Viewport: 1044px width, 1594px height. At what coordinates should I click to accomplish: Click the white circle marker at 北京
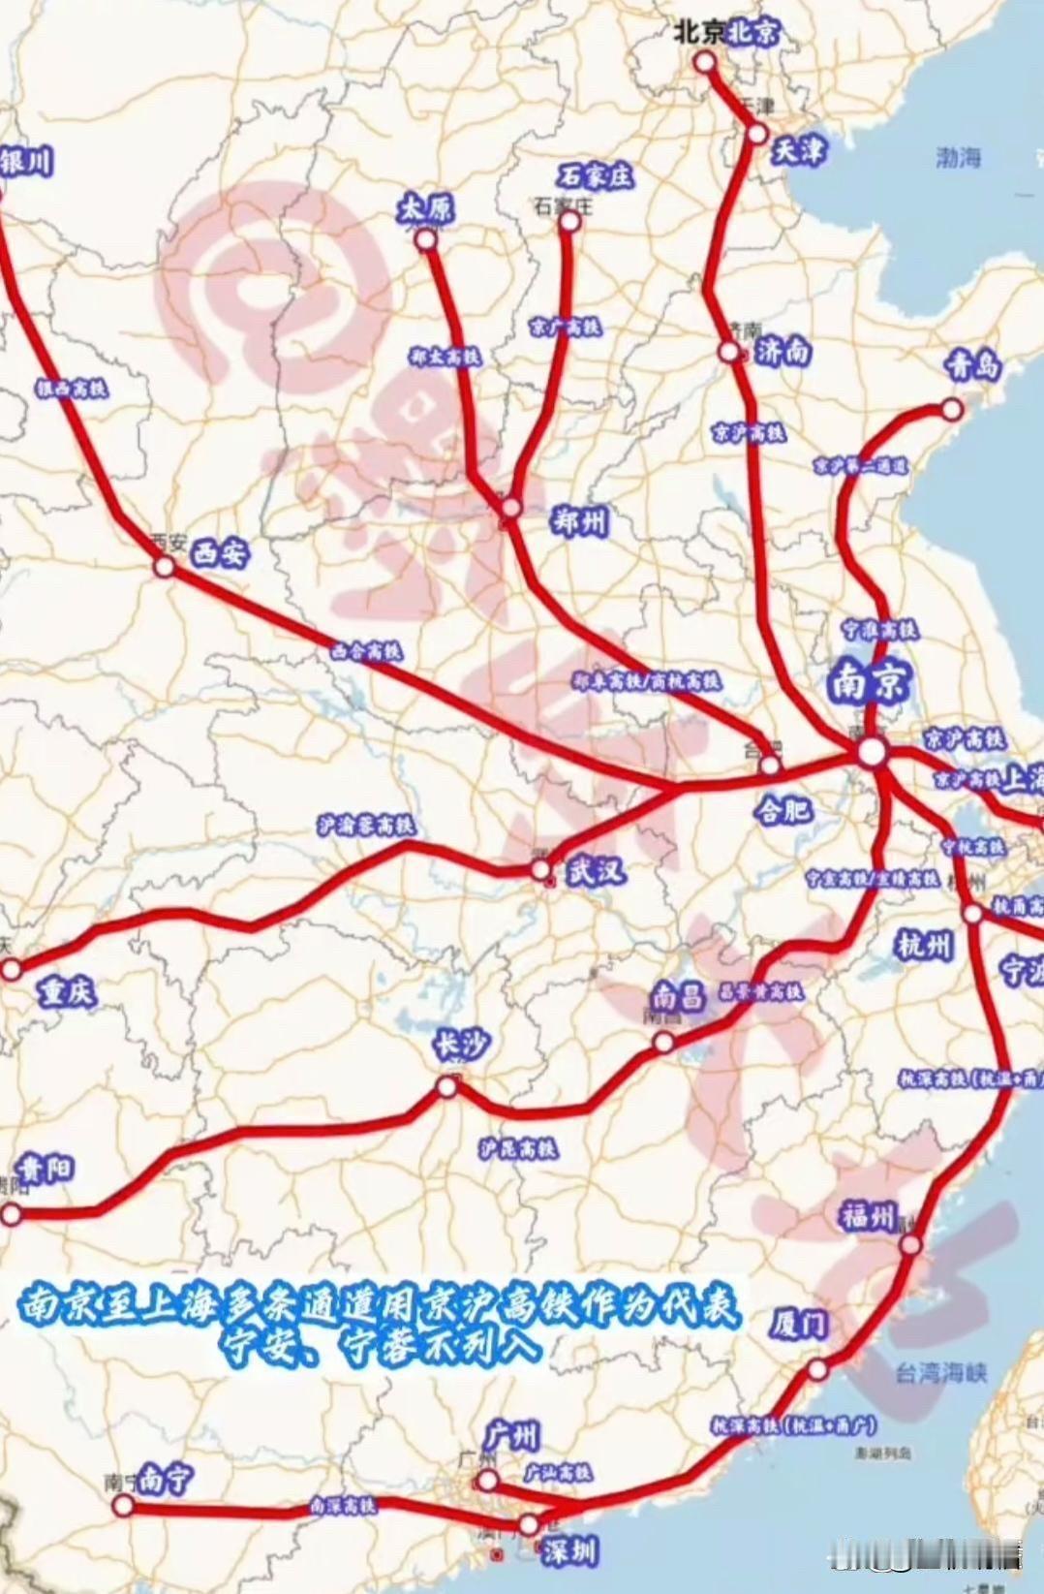click(x=705, y=62)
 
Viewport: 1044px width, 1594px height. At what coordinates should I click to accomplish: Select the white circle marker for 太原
click(x=426, y=238)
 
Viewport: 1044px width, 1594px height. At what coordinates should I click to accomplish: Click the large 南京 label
click(x=870, y=683)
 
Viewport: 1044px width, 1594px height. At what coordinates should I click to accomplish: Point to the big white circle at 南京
click(x=872, y=751)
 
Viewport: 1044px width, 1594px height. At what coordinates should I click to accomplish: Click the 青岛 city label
click(x=972, y=365)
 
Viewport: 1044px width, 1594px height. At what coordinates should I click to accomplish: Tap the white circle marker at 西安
click(x=165, y=568)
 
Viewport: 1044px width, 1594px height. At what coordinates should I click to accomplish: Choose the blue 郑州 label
click(x=578, y=521)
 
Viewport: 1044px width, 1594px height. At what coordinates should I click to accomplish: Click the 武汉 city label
click(x=596, y=871)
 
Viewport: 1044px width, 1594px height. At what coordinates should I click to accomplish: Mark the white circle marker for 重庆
click(x=11, y=968)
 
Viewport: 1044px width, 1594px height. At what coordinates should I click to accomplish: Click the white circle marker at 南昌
click(x=663, y=1042)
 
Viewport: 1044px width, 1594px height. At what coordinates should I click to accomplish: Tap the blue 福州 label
click(x=868, y=1217)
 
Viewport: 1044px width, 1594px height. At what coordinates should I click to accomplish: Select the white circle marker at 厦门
click(x=817, y=1369)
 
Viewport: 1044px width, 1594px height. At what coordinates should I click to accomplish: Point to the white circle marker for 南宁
click(x=123, y=1506)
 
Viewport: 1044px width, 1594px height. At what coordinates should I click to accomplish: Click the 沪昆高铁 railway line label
click(x=518, y=1149)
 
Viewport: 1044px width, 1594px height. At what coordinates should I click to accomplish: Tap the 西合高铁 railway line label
click(x=366, y=652)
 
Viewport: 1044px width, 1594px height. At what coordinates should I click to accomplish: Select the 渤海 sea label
click(x=959, y=157)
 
